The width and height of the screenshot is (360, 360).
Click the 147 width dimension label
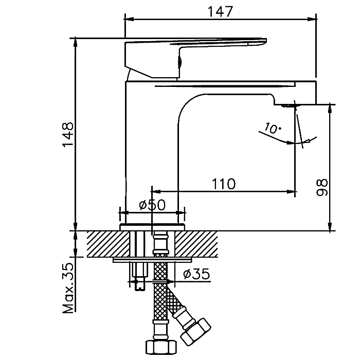[x=221, y=10]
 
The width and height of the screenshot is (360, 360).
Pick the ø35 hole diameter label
[x=196, y=274]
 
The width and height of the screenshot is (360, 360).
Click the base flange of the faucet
[x=152, y=227]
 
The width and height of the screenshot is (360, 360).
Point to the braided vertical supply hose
[x=160, y=298]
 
